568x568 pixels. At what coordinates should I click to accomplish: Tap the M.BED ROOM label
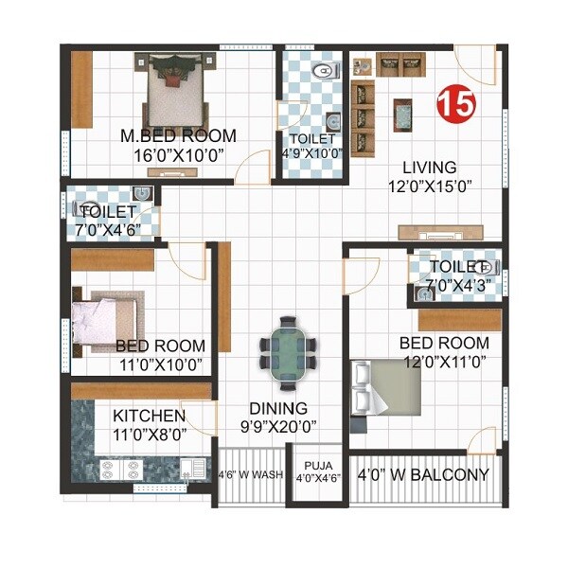click(x=178, y=136)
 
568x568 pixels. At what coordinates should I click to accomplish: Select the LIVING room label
click(x=428, y=168)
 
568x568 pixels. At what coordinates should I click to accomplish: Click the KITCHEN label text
click(x=149, y=416)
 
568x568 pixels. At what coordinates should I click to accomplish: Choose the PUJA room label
click(x=312, y=466)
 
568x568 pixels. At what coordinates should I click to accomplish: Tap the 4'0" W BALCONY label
click(x=423, y=475)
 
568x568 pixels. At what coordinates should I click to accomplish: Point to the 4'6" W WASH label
click(x=251, y=475)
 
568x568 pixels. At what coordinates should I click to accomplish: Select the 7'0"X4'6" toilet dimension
click(x=108, y=228)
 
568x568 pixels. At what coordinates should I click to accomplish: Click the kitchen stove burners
click(x=120, y=467)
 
